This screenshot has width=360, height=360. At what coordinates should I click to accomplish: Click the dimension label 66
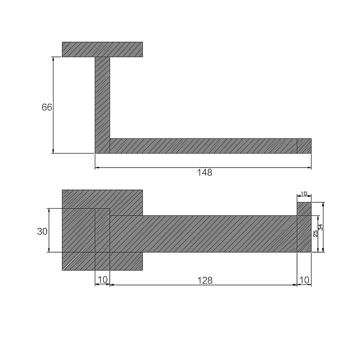click(x=47, y=107)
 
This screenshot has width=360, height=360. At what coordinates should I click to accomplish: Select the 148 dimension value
click(x=205, y=172)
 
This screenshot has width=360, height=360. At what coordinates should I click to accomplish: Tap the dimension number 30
click(x=42, y=231)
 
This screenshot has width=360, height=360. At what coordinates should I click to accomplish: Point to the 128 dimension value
click(x=205, y=280)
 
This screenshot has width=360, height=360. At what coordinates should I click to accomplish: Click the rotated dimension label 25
click(x=315, y=234)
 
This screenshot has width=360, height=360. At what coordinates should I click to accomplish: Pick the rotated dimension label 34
click(x=321, y=227)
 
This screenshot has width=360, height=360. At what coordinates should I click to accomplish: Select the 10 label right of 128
click(x=304, y=280)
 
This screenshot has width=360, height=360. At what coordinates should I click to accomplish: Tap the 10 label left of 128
click(x=103, y=279)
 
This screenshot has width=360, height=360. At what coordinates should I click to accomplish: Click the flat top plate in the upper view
click(x=103, y=49)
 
